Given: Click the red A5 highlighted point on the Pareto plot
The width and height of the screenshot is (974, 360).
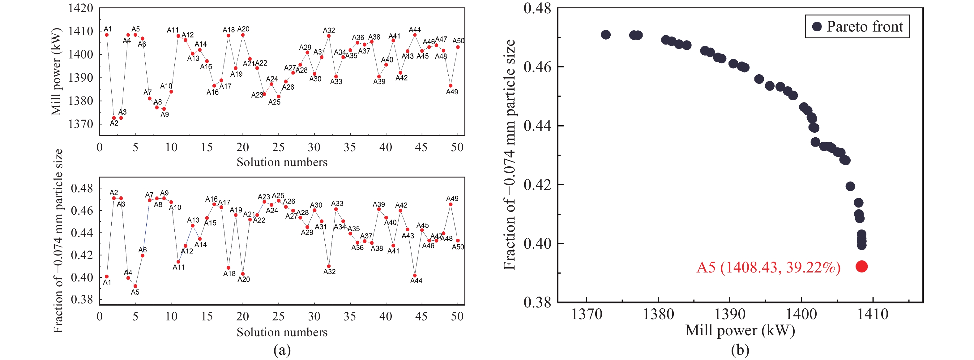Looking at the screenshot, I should click(861, 266).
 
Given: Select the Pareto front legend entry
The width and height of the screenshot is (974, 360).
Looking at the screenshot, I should click(857, 27).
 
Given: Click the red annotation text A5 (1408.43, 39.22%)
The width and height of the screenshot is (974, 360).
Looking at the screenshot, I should click(768, 267).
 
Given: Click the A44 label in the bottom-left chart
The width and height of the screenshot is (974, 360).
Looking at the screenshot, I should click(416, 281).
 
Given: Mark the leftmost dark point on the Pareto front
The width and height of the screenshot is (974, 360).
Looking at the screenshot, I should click(606, 35).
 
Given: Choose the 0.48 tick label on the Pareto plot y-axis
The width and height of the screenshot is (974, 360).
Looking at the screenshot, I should click(537, 8).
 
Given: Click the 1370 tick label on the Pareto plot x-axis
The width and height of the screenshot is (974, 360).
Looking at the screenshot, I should click(587, 314).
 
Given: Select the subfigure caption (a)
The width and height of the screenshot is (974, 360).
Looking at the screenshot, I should click(282, 350).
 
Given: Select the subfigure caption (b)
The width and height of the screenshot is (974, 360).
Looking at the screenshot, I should click(740, 350).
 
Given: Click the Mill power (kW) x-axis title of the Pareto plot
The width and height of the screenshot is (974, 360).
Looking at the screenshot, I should click(740, 331).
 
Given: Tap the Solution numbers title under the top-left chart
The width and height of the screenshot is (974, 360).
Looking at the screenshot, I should click(282, 162).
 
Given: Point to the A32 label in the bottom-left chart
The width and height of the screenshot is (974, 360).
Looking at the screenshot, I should click(329, 272).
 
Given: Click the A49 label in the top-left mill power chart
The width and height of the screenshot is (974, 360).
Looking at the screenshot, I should click(452, 92).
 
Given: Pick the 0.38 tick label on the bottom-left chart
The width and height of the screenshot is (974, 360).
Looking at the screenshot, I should click(82, 299).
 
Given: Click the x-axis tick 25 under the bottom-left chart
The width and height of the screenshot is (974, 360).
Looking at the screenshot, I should click(278, 316).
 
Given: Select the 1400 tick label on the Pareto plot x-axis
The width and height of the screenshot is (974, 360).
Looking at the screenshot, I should click(801, 314).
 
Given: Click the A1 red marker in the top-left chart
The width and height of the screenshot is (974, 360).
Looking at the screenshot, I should click(107, 35).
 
